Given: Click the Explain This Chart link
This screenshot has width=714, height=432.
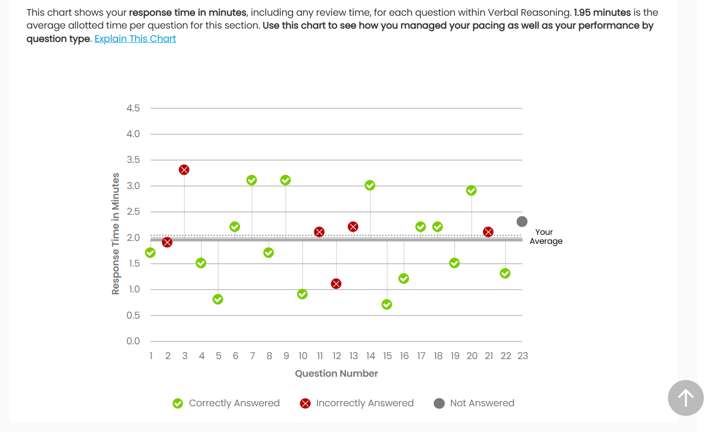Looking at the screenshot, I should [x=135, y=39].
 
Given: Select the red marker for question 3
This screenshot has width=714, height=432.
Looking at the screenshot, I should [x=184, y=170].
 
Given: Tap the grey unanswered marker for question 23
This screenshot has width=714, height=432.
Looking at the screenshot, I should [x=522, y=221].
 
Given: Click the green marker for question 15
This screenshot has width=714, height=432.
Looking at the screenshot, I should [x=387, y=304].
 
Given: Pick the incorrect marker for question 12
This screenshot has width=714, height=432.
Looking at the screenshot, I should [x=336, y=284].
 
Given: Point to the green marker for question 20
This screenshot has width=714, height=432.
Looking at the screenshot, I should [x=471, y=191].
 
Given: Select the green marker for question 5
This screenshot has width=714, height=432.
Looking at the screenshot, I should [x=218, y=299].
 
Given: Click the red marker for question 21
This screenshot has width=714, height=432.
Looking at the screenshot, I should [x=488, y=232].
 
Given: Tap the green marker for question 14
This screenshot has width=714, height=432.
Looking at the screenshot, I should [x=370, y=185].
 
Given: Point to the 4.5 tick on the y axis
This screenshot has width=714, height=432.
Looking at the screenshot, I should [x=133, y=108].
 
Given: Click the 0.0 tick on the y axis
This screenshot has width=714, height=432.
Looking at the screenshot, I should [x=133, y=341].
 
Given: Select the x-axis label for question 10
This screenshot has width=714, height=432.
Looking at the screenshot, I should [x=303, y=356].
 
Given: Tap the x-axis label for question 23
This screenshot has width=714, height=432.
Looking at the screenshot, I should [x=522, y=356].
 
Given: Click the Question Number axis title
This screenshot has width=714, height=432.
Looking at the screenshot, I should [x=336, y=373].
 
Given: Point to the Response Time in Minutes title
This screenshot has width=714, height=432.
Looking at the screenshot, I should [x=115, y=233].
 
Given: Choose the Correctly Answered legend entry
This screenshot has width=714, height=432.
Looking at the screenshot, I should [x=226, y=403].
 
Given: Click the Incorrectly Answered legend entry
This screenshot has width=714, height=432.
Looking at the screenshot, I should [x=357, y=403].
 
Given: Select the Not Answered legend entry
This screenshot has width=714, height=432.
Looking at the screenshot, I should [x=474, y=403].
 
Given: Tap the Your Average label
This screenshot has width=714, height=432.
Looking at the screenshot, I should [x=546, y=236].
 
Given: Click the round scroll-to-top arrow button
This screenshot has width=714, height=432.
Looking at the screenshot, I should [x=685, y=398].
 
